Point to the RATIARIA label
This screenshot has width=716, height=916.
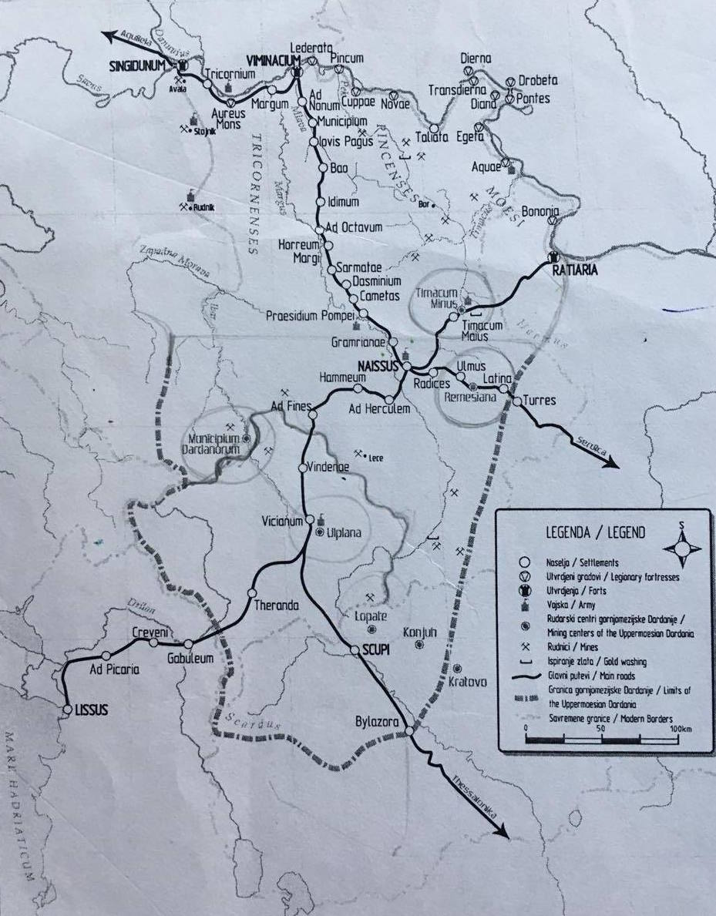click(x=575, y=270)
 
